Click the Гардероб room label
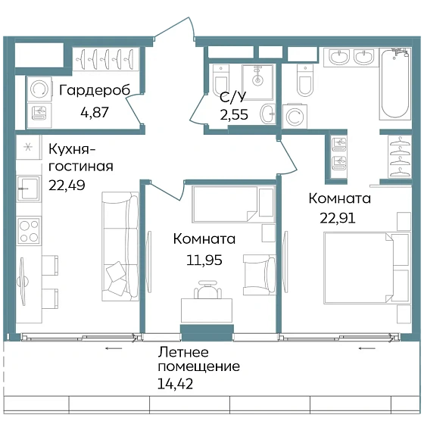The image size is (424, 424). click(x=95, y=91)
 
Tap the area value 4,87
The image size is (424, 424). click(x=95, y=112)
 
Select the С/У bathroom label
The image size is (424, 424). click(x=233, y=97)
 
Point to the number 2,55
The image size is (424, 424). click(x=234, y=114)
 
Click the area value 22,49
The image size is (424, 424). click(x=67, y=185)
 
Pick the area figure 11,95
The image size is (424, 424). click(x=204, y=260)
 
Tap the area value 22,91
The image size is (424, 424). click(x=338, y=218)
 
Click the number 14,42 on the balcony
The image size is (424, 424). click(x=175, y=384)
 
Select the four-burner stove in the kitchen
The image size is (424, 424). click(x=29, y=230)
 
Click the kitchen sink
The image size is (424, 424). click(x=29, y=189)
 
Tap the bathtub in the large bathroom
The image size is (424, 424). click(x=394, y=83)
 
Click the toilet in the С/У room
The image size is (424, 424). click(x=221, y=79)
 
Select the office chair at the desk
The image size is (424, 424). click(x=207, y=289)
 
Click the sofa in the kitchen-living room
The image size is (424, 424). click(x=120, y=246)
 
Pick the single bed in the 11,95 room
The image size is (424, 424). click(x=233, y=204)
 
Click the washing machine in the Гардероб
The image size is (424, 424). click(x=39, y=89)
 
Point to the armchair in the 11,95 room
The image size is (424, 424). click(x=259, y=274)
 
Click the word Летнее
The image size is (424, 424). click(x=183, y=352)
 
